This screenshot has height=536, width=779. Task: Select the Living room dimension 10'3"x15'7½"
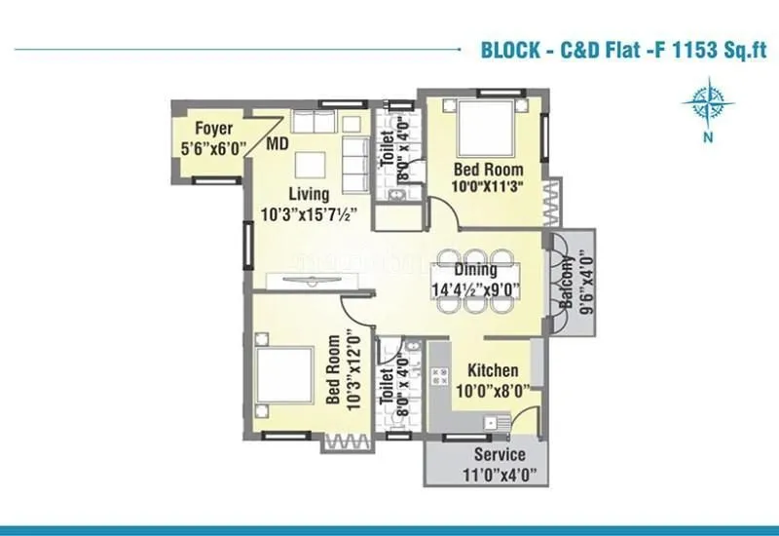pyautogui.click(x=308, y=212)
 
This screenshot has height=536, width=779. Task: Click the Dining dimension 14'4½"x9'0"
pyautogui.click(x=474, y=288)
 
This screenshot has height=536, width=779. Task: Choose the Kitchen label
pyautogui.click(x=493, y=371)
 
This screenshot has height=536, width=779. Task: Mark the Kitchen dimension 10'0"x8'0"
pyautogui.click(x=493, y=391)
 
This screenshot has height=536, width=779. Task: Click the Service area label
pyautogui.click(x=500, y=455)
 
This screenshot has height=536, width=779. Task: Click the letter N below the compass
pyautogui.click(x=707, y=139)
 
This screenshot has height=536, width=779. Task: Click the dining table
pyautogui.click(x=474, y=279)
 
